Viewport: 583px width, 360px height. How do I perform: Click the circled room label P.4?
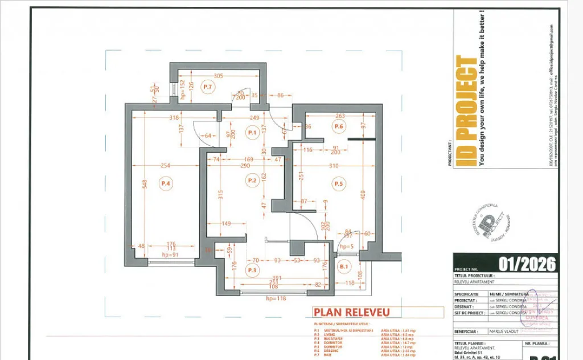(x=166, y=183)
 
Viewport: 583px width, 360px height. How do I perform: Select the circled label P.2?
(x=252, y=181)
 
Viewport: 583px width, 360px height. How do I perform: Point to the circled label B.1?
(x=343, y=266)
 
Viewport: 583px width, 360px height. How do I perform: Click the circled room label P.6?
(x=339, y=126)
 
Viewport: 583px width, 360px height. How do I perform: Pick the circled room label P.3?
(x=252, y=269)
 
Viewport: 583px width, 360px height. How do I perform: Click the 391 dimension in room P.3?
(x=269, y=278)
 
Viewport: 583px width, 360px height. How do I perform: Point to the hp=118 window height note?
(x=275, y=298)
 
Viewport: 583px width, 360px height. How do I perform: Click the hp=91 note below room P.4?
(x=170, y=255)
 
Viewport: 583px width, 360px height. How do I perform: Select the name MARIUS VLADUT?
(x=504, y=331)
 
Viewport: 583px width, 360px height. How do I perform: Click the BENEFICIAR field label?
(x=466, y=331)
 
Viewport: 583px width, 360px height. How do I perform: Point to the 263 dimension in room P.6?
(x=340, y=116)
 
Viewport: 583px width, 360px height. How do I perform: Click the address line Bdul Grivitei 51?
(x=472, y=354)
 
